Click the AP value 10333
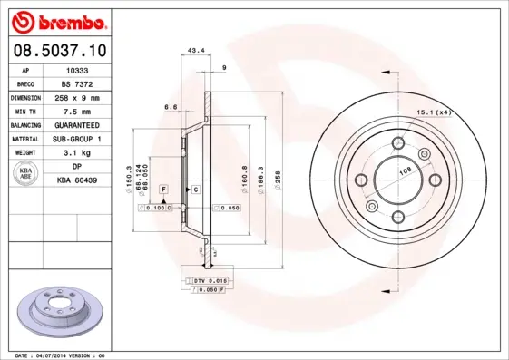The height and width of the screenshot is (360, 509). click(x=78, y=68)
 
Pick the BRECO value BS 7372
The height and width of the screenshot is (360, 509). click(x=78, y=83)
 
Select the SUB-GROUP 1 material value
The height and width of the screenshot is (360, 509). click(x=78, y=139)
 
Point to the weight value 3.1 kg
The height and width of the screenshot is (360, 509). click(x=78, y=153)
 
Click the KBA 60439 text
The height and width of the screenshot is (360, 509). click(x=78, y=181)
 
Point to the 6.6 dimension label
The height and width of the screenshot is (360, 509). click(x=170, y=107)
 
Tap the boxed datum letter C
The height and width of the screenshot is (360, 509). click(x=195, y=189)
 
